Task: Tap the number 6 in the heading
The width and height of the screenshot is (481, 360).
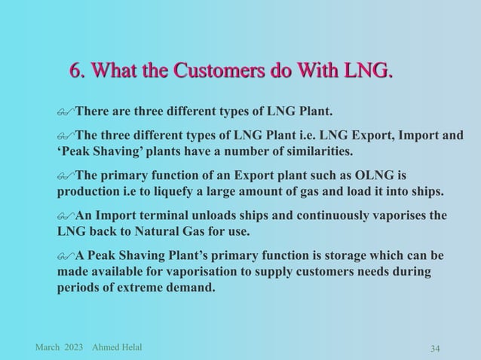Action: (x=75, y=72)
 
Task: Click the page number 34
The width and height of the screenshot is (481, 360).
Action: (x=435, y=348)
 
